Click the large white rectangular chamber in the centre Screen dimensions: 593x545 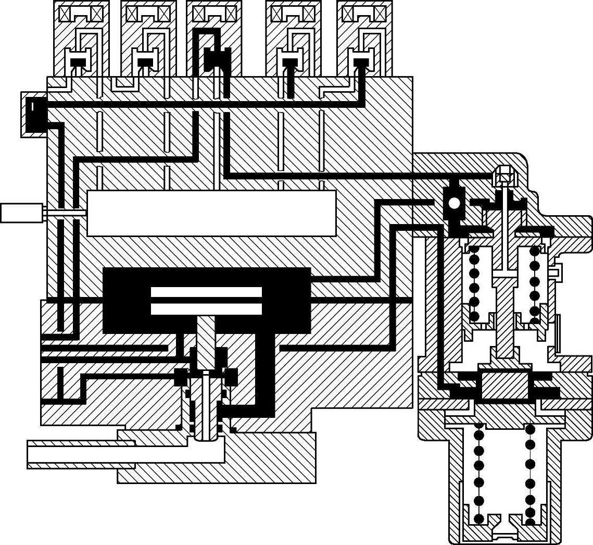pyautogui.click(x=211, y=213)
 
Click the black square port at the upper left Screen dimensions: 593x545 pyautogui.click(x=35, y=114)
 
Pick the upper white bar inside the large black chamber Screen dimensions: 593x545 pyautogui.click(x=206, y=292)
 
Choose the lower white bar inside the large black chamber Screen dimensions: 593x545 pyautogui.click(x=206, y=309)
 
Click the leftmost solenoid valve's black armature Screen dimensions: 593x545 pyautogui.click(x=78, y=62)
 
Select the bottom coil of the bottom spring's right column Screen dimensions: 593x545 pyautogui.click(x=530, y=521)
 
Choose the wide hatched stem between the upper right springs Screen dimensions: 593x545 pyautogui.click(x=504, y=318)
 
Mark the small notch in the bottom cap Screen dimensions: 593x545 pyautogui.click(x=504, y=535)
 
